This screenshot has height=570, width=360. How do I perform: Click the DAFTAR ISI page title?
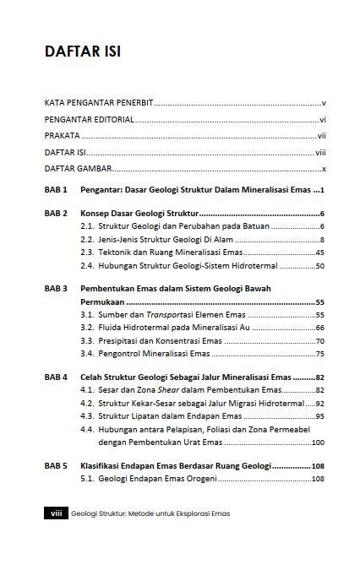(82, 52)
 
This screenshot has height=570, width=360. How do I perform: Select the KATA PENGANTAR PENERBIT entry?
(99, 102)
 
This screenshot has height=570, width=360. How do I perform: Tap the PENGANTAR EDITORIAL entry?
(89, 119)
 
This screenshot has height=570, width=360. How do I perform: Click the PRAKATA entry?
(62, 135)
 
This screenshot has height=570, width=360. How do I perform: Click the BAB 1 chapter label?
(56, 190)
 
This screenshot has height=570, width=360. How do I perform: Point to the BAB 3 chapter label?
(56, 289)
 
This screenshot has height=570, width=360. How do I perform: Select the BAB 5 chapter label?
(56, 465)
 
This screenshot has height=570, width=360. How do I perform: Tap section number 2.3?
(86, 252)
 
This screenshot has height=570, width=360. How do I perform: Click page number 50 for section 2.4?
(320, 266)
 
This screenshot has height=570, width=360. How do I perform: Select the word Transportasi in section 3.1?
(165, 315)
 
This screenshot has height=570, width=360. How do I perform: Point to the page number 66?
(320, 328)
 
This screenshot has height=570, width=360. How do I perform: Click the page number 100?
(318, 442)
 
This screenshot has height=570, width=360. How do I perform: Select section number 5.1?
(86, 479)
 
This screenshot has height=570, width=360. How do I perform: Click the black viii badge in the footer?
(55, 513)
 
